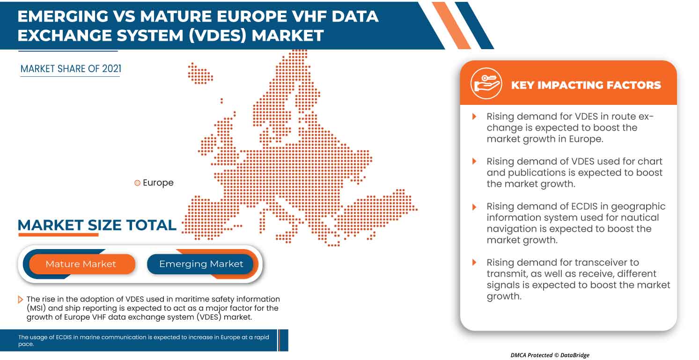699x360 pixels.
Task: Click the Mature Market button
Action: tap(81, 264)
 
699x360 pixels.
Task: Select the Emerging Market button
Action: tap(201, 264)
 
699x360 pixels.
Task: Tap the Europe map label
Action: tap(158, 183)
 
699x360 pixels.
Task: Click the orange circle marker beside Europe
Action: tap(137, 183)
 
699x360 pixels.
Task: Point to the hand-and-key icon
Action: tap(486, 83)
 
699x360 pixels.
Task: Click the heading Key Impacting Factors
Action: tap(586, 85)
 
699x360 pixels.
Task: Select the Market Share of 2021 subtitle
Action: tap(71, 69)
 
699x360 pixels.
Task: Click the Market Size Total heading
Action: tap(97, 225)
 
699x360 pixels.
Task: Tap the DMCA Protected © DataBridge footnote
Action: tap(550, 355)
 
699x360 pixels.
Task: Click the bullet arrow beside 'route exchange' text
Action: tap(474, 117)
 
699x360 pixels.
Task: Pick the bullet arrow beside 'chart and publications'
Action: tap(474, 162)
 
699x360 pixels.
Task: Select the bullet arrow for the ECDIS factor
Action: tap(474, 206)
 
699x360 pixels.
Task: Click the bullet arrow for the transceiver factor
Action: tap(474, 263)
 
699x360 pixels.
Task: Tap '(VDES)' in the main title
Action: tap(219, 35)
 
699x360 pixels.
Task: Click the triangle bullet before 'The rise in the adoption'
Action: tap(20, 300)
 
